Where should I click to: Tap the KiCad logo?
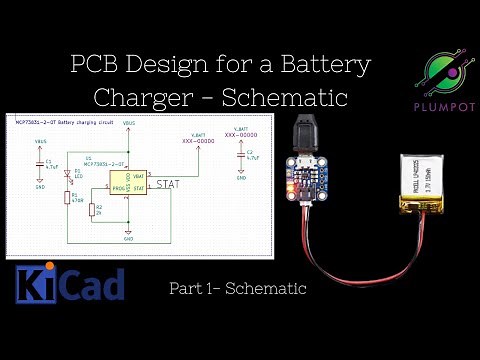pos(70,283)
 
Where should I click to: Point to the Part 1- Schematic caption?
pos(236,289)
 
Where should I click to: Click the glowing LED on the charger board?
pos(289,187)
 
